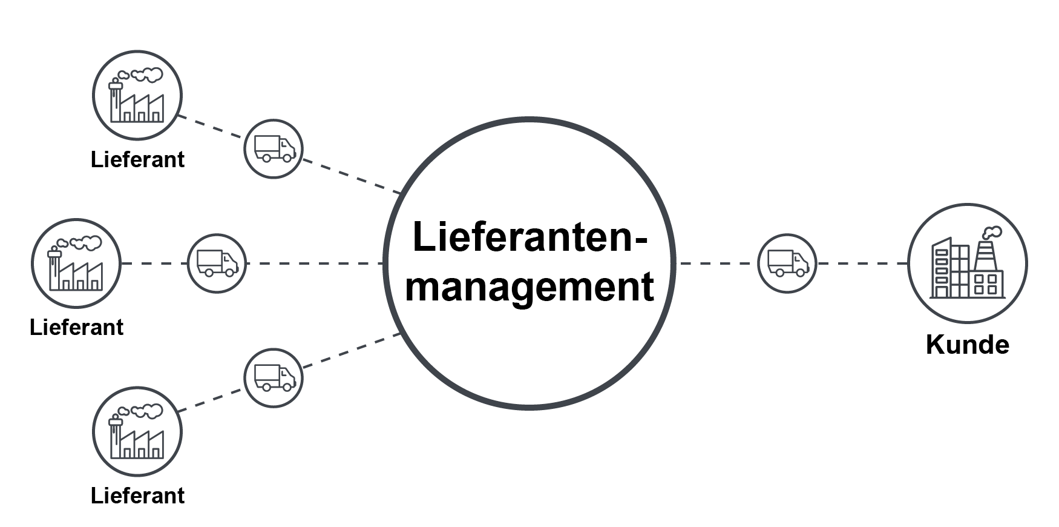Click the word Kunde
coord(967,345)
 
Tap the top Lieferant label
coord(137,159)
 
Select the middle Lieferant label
coord(76,327)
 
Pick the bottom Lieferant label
coord(137,496)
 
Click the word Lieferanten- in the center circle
coord(529,237)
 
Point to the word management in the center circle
coord(529,287)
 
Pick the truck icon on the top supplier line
coord(273,148)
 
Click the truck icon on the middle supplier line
coord(217,263)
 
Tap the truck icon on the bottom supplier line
coord(273,377)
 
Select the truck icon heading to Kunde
coord(787,263)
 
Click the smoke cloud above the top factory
coord(147,75)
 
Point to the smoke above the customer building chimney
coord(992,233)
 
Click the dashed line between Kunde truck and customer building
coord(862,263)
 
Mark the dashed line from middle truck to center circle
coord(315,263)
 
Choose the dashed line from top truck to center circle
coord(351,176)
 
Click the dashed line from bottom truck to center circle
coord(351,351)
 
